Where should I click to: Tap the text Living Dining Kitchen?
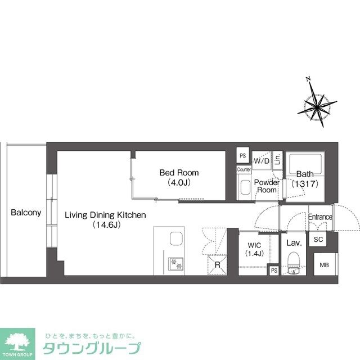pos(105,215)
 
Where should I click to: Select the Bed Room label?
pos(179,172)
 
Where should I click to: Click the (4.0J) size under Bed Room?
pos(179,182)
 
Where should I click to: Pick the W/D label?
pos(261,161)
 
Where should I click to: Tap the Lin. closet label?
pos(277,160)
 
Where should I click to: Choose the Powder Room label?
pos(267,186)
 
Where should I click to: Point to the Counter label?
pos(244,169)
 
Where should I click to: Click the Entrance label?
pos(321,217)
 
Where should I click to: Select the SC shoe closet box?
pos(318,240)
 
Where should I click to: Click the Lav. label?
pos(294,243)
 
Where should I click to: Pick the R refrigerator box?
pos(216,264)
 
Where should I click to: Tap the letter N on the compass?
pos(307,80)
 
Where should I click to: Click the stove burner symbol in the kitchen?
pos(174,262)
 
